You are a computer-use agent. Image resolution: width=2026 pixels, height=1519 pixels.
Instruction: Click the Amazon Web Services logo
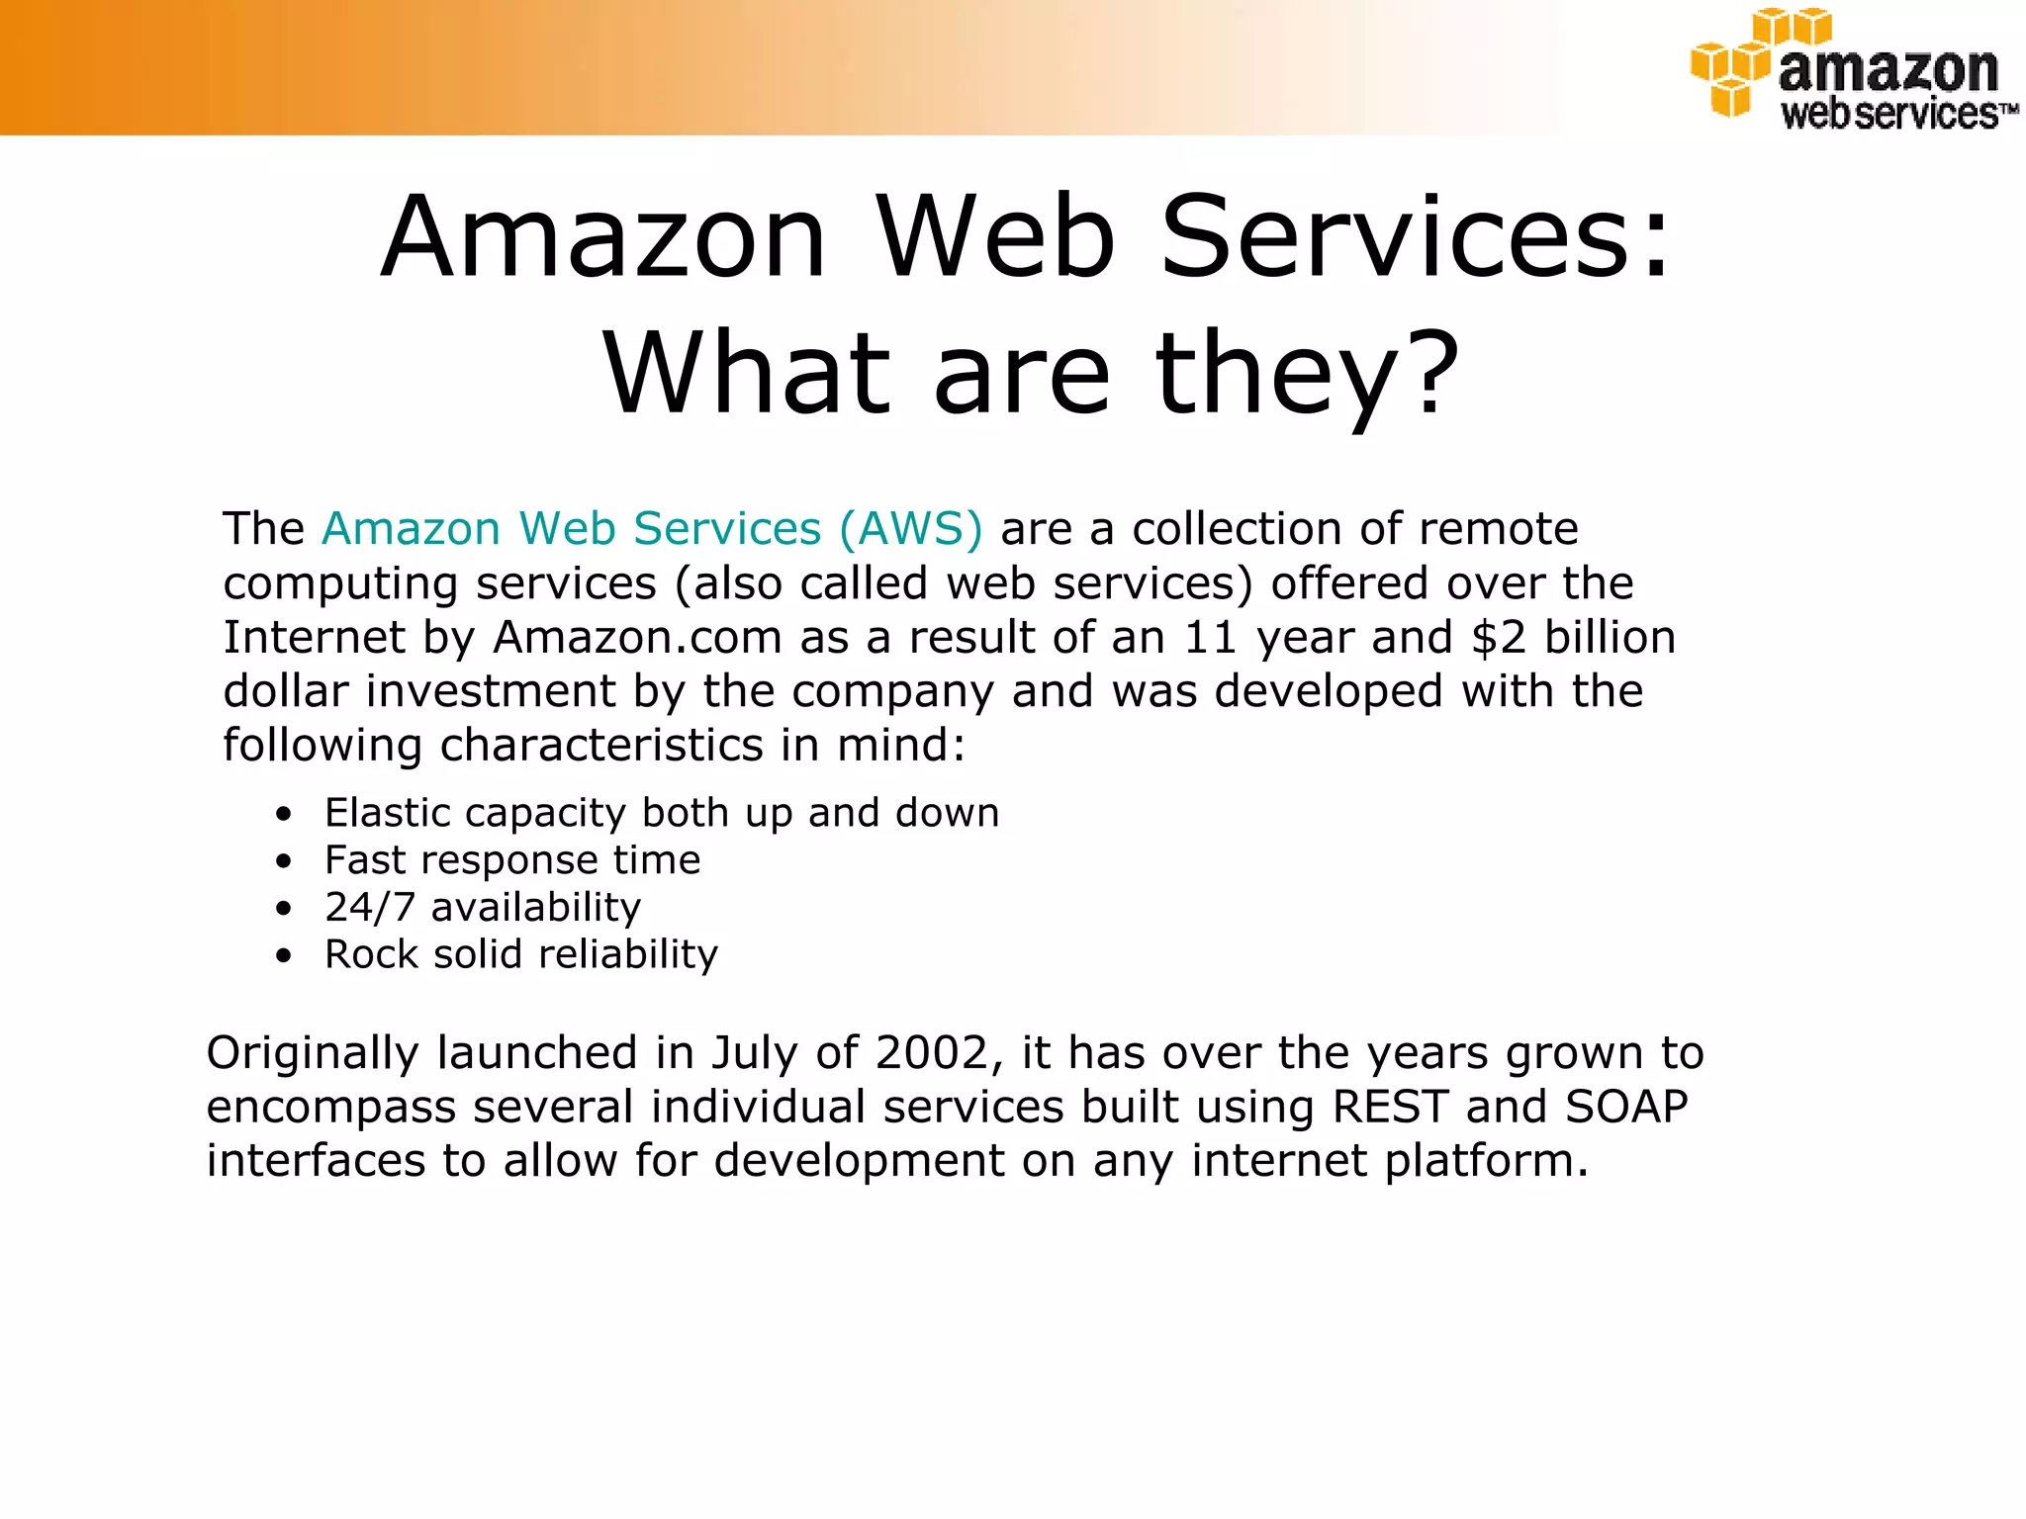tap(1852, 69)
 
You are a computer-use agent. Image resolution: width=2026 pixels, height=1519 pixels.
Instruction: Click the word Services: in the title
tap(1416, 238)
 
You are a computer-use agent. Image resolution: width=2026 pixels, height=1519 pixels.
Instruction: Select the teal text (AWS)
tap(910, 528)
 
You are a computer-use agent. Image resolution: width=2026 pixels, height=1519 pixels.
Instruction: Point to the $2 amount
tap(1499, 637)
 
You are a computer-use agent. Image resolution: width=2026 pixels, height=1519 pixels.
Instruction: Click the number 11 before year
tap(1211, 637)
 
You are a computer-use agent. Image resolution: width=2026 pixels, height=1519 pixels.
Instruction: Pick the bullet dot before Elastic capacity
tap(285, 815)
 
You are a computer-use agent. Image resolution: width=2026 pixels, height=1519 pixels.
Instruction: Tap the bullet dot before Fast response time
tap(285, 861)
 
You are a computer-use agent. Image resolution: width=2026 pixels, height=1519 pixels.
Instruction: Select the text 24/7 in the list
tap(369, 907)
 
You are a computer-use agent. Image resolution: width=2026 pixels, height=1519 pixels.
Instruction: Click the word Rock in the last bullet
tap(370, 954)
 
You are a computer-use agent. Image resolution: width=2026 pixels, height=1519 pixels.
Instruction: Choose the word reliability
tap(628, 955)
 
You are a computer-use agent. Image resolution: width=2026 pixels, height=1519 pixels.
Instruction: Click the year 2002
tap(933, 1052)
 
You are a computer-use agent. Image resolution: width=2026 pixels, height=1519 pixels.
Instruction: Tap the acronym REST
tap(1391, 1107)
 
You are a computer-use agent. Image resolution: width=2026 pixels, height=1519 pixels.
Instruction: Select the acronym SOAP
tap(1627, 1107)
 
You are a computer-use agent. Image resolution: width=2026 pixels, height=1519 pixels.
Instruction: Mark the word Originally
tap(312, 1054)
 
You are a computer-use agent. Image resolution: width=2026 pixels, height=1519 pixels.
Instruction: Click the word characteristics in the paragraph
tap(601, 745)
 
